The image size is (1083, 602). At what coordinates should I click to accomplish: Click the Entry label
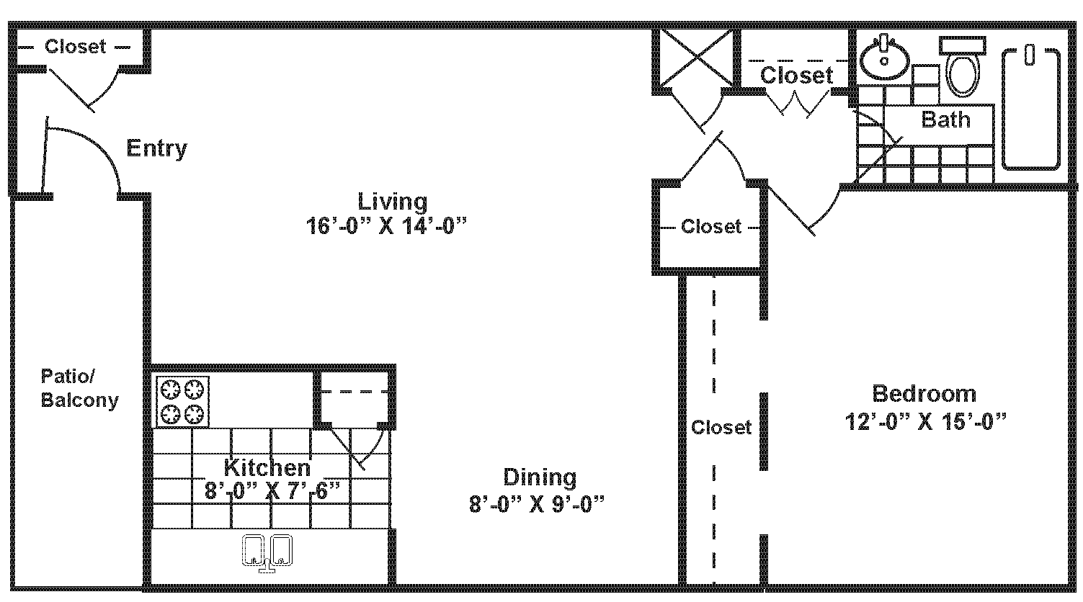tap(156, 148)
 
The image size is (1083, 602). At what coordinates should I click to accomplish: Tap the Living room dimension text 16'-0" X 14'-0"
tap(386, 226)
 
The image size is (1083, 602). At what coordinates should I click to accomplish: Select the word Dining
tap(540, 477)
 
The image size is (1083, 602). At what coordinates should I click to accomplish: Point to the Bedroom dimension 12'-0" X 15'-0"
tap(924, 421)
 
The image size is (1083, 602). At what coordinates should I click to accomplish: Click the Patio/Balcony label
tap(79, 388)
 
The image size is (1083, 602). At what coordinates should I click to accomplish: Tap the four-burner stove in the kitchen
tap(182, 402)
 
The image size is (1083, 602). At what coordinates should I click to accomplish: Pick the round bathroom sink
tap(884, 58)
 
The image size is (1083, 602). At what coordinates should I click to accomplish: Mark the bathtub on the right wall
tap(1031, 108)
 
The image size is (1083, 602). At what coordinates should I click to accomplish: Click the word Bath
tap(945, 120)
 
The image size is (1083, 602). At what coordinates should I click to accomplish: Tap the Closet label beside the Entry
tap(75, 47)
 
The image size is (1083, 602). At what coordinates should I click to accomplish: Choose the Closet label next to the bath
tap(796, 75)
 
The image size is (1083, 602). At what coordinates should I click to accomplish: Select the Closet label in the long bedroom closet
tap(721, 427)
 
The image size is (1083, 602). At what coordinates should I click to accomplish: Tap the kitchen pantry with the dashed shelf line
tap(353, 400)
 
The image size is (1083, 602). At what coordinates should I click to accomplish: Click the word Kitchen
tap(267, 467)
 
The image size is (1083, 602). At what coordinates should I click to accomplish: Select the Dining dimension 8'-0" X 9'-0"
tap(536, 503)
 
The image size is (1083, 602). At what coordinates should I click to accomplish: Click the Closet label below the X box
tap(710, 227)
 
